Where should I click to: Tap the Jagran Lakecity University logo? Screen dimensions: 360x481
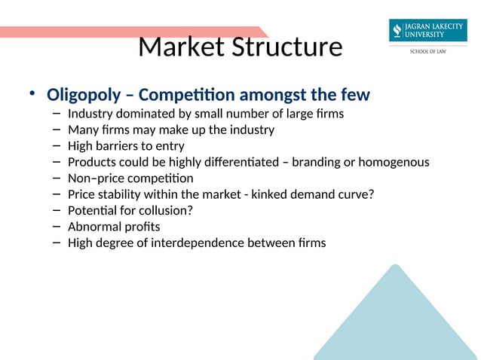pyautogui.click(x=427, y=31)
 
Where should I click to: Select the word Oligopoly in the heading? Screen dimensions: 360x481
pyautogui.click(x=83, y=96)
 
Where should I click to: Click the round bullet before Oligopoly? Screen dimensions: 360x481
pyautogui.click(x=32, y=94)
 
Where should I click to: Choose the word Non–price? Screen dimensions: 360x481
pyautogui.click(x=91, y=178)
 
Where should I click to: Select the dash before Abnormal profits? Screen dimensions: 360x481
pyautogui.click(x=57, y=226)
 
